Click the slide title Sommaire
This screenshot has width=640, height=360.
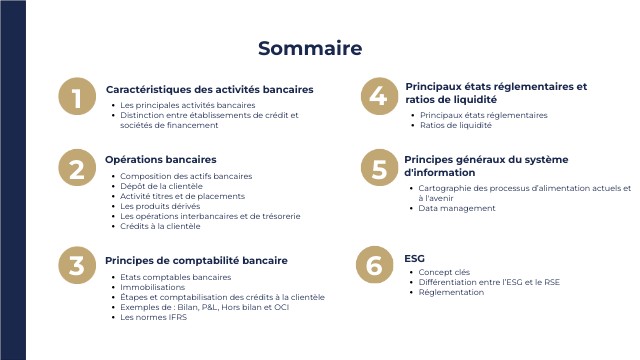click(310, 48)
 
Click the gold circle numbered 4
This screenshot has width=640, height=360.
click(377, 96)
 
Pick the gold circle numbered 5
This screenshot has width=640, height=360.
click(378, 169)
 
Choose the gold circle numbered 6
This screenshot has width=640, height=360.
click(374, 265)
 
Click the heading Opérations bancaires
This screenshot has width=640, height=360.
click(160, 159)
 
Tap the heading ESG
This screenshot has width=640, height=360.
click(414, 258)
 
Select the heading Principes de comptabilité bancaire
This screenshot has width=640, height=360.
click(196, 260)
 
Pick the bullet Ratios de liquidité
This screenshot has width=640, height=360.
click(455, 126)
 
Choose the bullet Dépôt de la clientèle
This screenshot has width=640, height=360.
click(161, 186)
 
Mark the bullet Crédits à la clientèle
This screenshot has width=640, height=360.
click(160, 226)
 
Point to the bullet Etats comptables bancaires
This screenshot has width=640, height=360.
click(175, 277)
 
